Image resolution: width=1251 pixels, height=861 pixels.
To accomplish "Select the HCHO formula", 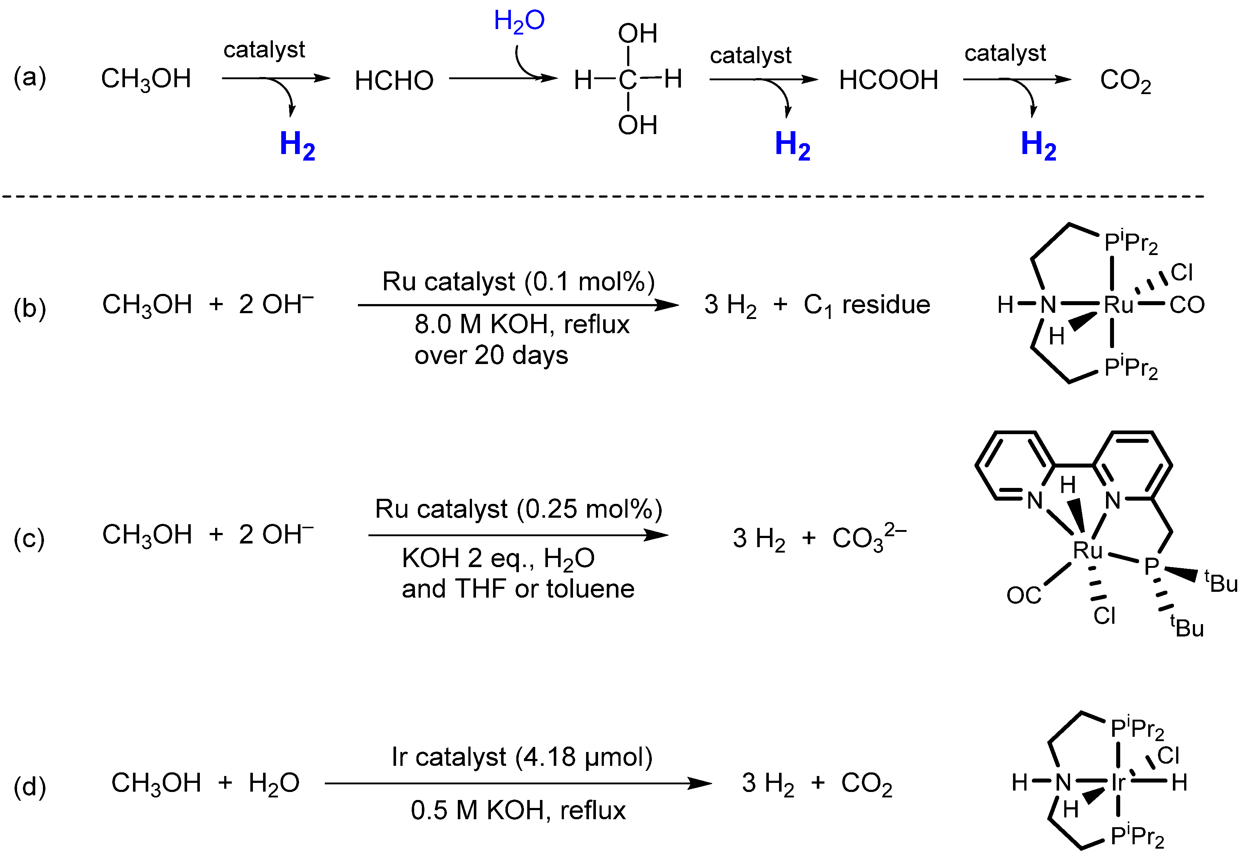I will [394, 81].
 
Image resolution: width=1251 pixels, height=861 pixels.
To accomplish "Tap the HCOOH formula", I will [888, 80].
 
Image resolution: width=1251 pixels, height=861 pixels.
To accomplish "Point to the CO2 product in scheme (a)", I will [1125, 81].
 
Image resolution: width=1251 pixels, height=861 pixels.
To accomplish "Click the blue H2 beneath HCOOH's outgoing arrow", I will [792, 145].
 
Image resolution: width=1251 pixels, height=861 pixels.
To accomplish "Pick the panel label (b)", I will [30, 308].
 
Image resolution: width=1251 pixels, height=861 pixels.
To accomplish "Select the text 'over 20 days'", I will [491, 355].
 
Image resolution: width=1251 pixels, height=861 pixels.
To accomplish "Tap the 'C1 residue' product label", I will [866, 305].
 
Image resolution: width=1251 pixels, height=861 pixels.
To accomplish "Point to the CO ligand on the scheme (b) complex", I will [1187, 305].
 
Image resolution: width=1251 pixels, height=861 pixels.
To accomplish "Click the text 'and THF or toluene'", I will [518, 589].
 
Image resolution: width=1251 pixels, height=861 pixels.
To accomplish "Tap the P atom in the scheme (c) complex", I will [1151, 566].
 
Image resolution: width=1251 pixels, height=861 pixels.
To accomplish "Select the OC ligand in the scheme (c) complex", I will [1023, 595].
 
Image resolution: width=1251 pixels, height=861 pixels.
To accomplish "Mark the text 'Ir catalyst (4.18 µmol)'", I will [522, 757].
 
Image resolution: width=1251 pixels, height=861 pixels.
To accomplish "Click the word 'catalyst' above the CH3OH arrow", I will [264, 50].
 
